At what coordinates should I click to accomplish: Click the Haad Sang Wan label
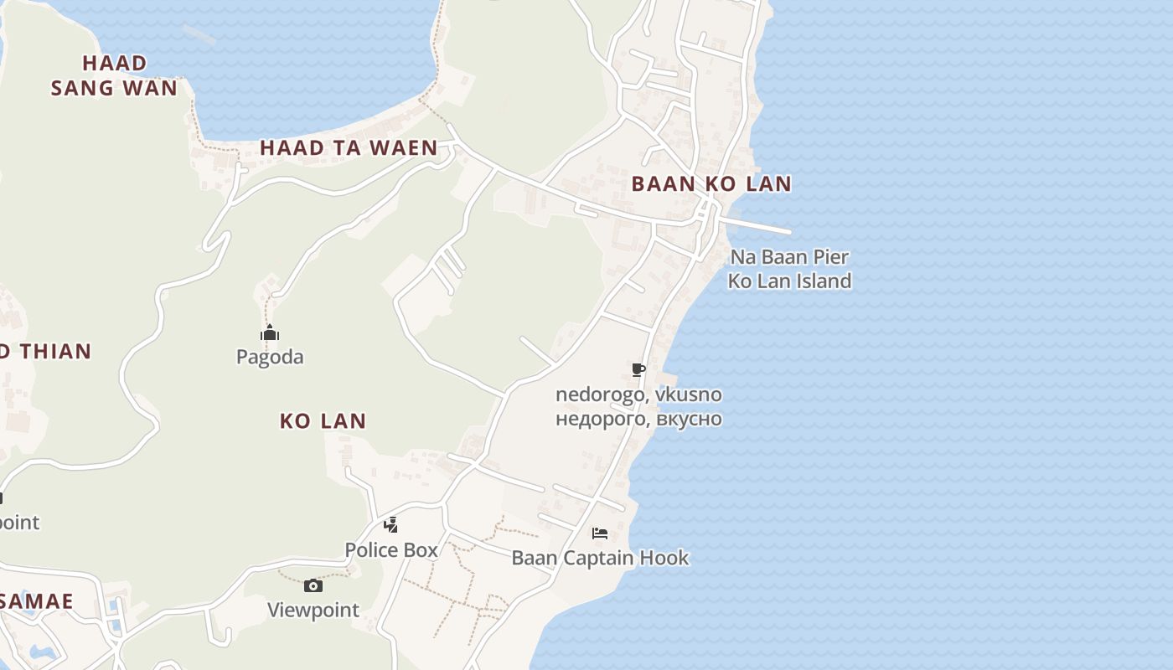coord(114,75)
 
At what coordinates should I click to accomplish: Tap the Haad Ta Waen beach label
coord(349,148)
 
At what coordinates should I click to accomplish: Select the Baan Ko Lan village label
coord(711,184)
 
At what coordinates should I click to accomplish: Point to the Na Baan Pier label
coord(789,257)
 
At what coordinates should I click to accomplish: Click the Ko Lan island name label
coord(323,420)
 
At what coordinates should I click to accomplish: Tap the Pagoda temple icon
coord(269,333)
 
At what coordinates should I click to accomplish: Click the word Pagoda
coord(270,357)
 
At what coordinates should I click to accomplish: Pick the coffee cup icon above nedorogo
coord(638,370)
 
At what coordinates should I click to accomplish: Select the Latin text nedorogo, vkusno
coord(638,394)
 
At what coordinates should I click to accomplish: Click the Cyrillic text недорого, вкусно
coord(638,418)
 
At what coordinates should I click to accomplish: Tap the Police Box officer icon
coord(390,525)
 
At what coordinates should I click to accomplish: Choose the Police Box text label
coord(391,550)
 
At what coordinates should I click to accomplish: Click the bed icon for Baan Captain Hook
coord(600,533)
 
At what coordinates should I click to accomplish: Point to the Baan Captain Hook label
coord(600,558)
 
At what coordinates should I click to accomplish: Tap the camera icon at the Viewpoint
coord(313,585)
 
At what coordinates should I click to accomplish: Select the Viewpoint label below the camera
coord(313,610)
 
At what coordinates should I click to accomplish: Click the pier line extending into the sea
coord(758,225)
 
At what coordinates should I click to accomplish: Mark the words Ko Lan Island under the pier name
coord(789,281)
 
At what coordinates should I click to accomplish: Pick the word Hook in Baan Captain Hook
coord(664,558)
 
